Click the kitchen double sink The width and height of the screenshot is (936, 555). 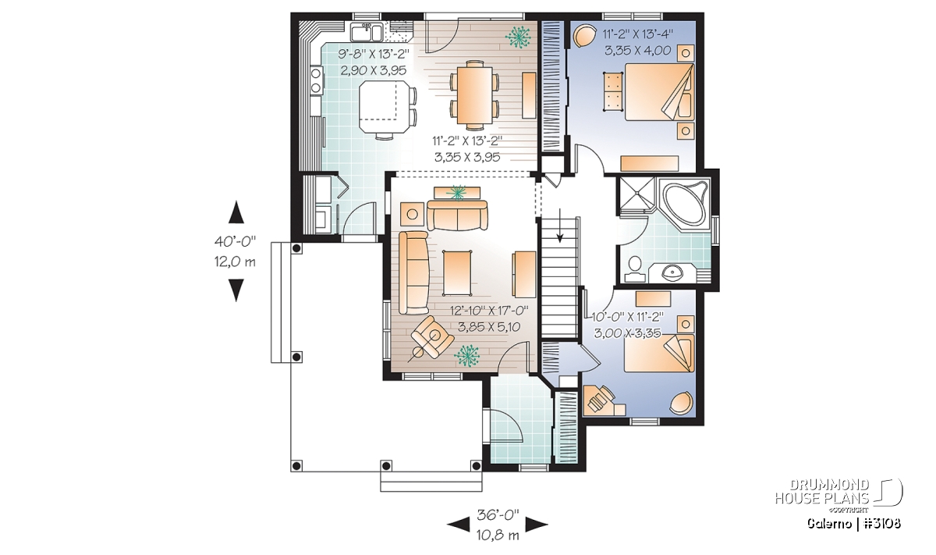click(x=74, y=32)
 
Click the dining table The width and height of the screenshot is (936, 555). click(x=474, y=94)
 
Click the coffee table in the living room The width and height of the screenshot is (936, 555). click(x=458, y=273)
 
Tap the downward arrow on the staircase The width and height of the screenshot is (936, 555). click(x=559, y=231)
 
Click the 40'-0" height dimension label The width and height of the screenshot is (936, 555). click(x=235, y=241)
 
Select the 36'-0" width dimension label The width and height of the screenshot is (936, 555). click(x=498, y=515)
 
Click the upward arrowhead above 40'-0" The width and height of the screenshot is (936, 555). click(x=236, y=212)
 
